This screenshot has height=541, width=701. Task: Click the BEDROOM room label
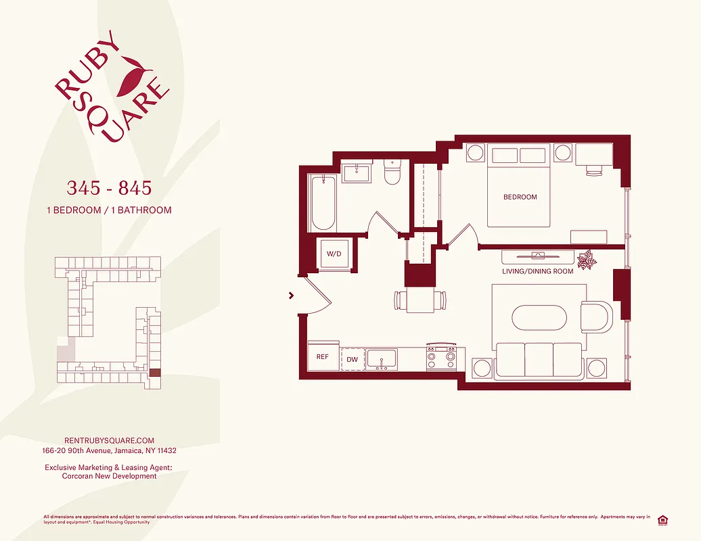(520, 197)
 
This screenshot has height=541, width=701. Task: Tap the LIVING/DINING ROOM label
(537, 271)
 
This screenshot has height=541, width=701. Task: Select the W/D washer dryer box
(334, 254)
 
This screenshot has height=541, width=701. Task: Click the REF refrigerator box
(323, 356)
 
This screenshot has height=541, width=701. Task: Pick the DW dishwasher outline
(352, 359)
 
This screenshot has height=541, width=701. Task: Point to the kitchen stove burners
(440, 358)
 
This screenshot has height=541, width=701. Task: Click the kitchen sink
(383, 359)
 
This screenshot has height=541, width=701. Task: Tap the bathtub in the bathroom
(323, 202)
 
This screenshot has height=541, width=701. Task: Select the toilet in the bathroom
(392, 173)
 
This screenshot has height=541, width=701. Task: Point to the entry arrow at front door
(292, 295)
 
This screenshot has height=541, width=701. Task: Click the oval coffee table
(538, 318)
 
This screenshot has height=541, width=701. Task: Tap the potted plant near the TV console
(585, 258)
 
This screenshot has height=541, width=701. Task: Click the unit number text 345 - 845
(108, 187)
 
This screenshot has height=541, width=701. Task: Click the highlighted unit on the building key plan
(155, 372)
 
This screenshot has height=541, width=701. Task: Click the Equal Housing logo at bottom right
(663, 519)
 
